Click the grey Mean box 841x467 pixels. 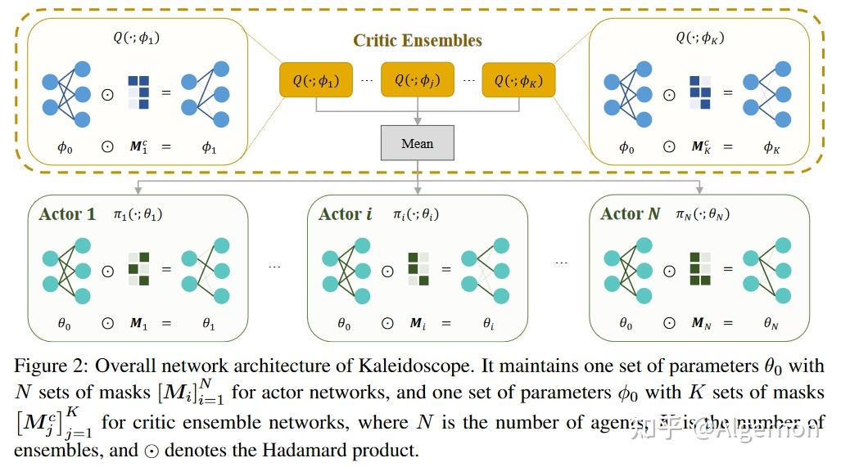[418, 143]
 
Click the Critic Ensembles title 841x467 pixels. [418, 40]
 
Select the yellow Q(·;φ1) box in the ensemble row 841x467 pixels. [315, 80]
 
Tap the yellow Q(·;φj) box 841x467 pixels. [418, 79]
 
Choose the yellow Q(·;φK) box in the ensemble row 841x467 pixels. [518, 80]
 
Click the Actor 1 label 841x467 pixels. [67, 214]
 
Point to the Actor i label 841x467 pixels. [345, 214]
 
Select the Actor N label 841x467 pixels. [630, 214]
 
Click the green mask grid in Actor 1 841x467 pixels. [138, 269]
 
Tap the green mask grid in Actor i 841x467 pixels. [418, 269]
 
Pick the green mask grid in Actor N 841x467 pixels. [700, 269]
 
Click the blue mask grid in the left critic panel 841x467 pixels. [138, 92]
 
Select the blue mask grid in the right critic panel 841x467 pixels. [700, 92]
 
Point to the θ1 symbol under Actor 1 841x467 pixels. [208, 324]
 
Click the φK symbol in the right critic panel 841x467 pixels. [771, 147]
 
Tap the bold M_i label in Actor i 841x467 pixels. [418, 324]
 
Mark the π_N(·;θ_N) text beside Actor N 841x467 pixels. [703, 214]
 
